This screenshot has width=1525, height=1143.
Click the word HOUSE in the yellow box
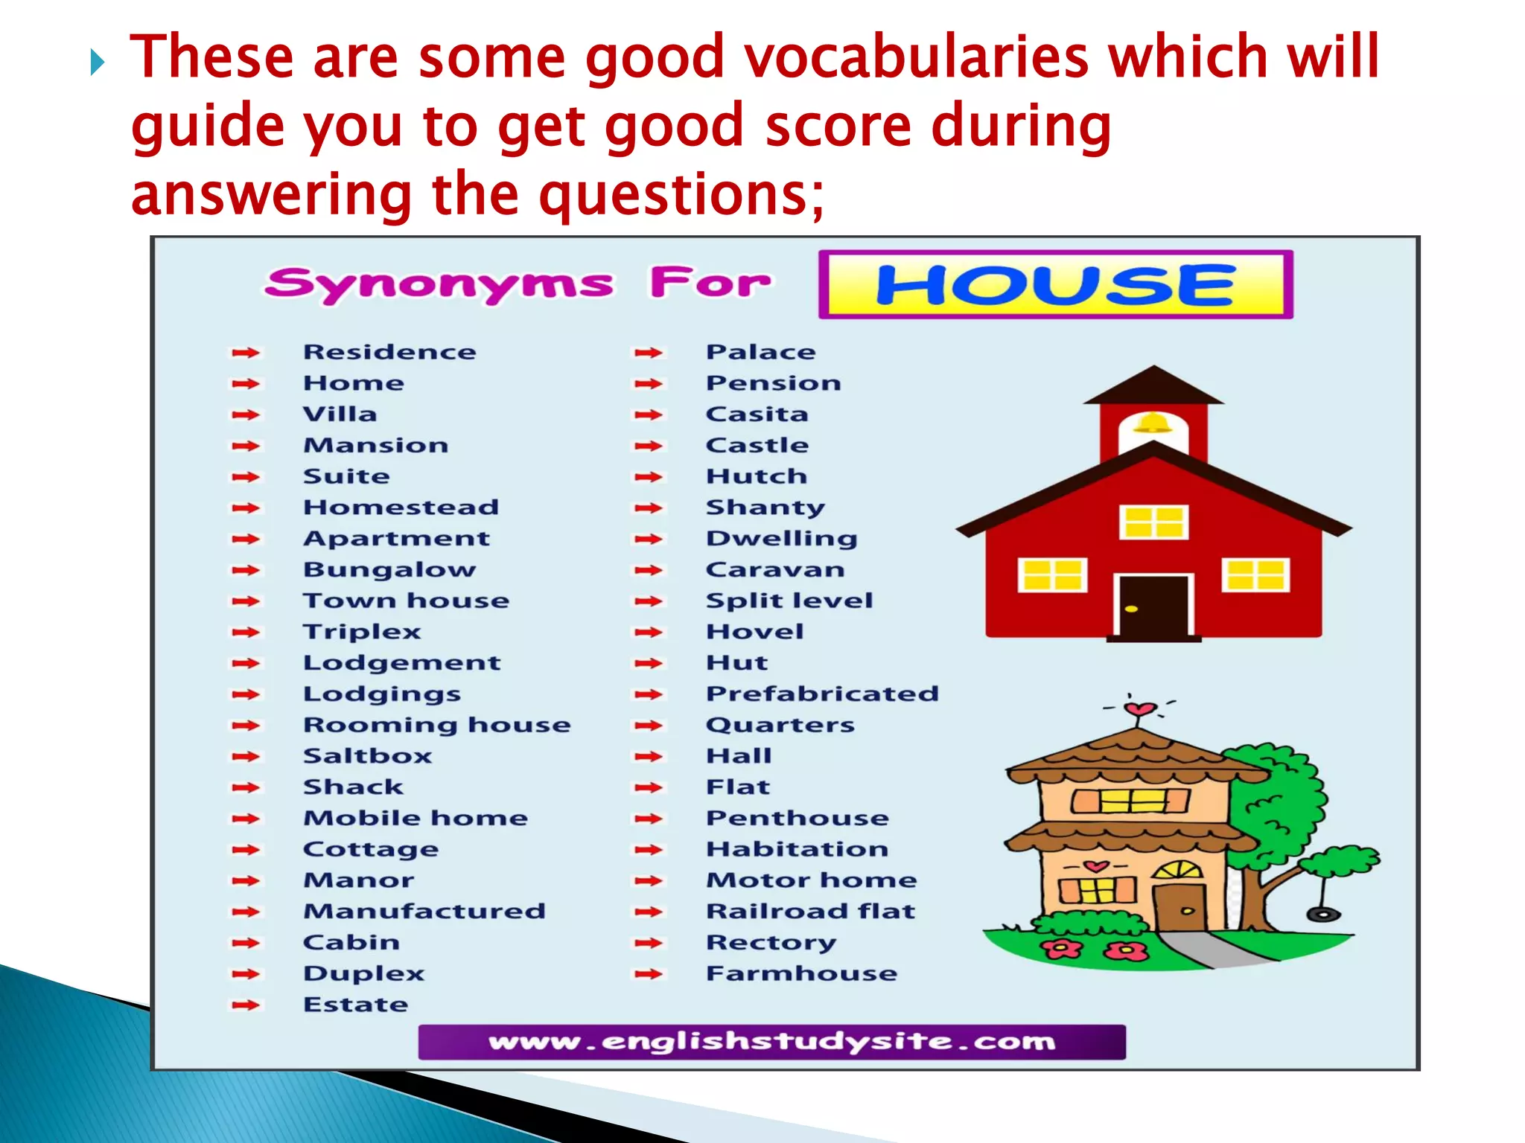(1055, 285)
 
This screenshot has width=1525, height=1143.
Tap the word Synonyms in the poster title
(439, 285)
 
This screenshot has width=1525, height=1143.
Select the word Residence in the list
(389, 352)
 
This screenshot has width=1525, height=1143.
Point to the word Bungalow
(389, 570)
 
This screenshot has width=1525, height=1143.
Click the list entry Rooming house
(437, 725)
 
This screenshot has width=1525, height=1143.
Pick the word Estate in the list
(356, 1005)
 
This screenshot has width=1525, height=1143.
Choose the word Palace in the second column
(760, 352)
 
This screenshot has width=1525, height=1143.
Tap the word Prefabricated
(822, 694)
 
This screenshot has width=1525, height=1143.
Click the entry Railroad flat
(810, 912)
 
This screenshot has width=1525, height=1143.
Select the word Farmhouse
(801, 973)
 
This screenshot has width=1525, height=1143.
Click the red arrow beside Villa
(246, 415)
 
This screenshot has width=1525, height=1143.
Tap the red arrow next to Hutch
(648, 477)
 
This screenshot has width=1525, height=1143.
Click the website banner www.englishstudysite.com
(771, 1042)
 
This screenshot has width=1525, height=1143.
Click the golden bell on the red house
(1153, 423)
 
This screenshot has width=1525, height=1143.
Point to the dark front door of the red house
(1153, 607)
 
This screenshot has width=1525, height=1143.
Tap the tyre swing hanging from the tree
(1324, 915)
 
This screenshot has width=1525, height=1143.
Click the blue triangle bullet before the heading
(97, 63)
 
